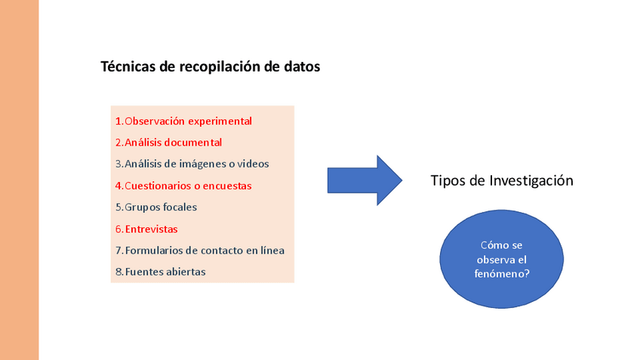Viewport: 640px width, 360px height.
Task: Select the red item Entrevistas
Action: click(151, 229)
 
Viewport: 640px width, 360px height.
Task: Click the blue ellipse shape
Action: click(501, 260)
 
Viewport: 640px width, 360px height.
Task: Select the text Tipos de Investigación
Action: click(502, 181)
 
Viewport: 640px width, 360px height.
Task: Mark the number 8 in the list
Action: click(118, 272)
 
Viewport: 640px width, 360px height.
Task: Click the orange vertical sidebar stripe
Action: click(19, 180)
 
